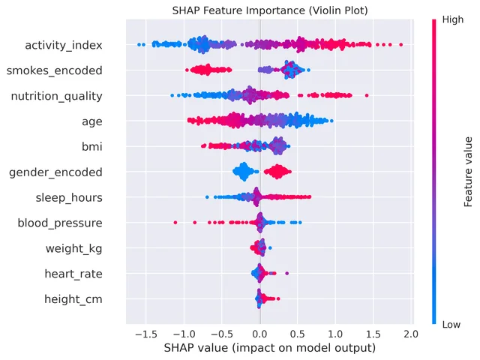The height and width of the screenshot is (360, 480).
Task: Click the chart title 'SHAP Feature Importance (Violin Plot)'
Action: point(270,10)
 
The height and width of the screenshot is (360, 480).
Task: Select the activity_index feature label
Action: point(64,45)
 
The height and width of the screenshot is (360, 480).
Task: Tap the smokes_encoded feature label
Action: point(55,70)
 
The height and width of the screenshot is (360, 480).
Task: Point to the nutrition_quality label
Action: point(57,97)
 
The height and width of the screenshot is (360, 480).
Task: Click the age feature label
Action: point(92,122)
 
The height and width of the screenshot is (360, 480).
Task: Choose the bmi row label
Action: point(92,147)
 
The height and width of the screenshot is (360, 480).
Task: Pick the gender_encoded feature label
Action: point(55,172)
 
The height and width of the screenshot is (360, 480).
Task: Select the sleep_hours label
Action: point(69,198)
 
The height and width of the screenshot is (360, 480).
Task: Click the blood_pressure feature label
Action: point(60,223)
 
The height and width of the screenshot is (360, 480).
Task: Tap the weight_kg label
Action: point(74,248)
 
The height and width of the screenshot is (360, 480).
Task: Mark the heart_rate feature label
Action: point(73,274)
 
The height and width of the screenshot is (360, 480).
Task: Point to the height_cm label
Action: point(73,299)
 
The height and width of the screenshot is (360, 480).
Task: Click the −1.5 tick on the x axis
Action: point(146,334)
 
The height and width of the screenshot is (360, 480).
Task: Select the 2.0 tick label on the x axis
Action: point(411,334)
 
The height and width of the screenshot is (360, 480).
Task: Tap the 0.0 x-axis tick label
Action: point(260,334)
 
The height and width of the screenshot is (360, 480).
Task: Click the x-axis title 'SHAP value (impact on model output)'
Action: point(270,348)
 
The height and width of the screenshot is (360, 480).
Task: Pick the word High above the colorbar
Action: point(453,20)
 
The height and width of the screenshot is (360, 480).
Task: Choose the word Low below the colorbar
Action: point(451,325)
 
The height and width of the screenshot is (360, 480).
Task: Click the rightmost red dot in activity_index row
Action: point(400,45)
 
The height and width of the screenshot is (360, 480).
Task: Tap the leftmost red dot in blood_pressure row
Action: point(175,222)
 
